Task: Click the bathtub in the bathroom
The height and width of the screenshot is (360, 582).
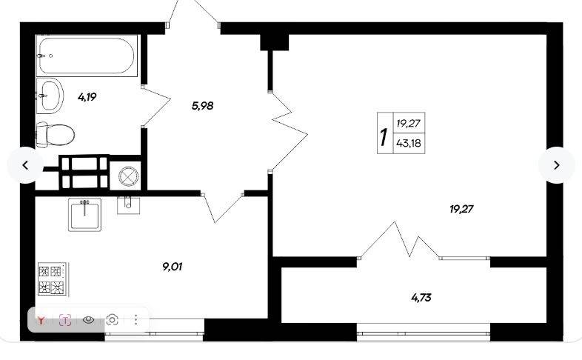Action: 87,56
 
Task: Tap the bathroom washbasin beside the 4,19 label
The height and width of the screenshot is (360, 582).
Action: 50,96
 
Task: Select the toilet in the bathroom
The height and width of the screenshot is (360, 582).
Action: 56,135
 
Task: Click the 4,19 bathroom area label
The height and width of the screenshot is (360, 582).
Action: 87,97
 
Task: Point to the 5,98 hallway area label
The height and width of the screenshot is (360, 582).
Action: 203,106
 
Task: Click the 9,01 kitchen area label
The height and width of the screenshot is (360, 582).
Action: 173,267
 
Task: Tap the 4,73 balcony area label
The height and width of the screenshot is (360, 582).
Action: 421,298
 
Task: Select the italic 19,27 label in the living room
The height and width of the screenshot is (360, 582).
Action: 461,210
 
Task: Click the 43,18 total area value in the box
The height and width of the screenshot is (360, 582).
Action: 409,143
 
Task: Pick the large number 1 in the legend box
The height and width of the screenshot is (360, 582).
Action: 384,136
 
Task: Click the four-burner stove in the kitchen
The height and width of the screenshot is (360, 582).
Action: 53,279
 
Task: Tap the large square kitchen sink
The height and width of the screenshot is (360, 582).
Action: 84,215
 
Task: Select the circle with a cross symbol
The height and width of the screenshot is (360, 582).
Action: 128,176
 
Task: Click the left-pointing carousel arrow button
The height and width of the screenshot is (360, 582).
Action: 25,165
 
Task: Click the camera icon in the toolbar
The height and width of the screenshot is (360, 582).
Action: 112,319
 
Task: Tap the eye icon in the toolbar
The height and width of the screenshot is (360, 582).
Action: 88,319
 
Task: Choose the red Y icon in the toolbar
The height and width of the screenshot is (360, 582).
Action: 41,320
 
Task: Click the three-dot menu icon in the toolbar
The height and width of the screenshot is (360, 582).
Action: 136,319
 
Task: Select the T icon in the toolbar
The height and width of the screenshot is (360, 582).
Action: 65,320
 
